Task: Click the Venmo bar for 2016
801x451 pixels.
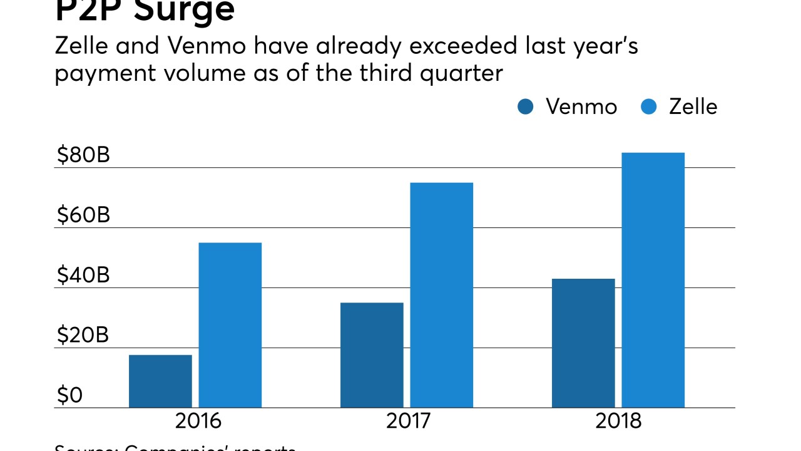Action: (x=160, y=381)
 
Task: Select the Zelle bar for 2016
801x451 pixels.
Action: (x=230, y=324)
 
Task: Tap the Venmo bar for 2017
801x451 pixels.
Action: (x=372, y=355)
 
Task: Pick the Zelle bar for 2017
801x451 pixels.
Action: (x=442, y=294)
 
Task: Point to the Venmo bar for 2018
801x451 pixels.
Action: (x=583, y=343)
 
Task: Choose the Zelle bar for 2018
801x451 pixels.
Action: (x=653, y=279)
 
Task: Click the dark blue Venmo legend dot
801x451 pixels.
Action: (x=526, y=107)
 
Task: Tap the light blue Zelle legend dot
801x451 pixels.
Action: (x=649, y=107)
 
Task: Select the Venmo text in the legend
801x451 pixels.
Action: (x=581, y=106)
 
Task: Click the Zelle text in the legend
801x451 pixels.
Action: (x=693, y=106)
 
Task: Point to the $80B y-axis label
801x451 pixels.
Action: (x=83, y=155)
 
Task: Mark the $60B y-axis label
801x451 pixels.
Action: (x=83, y=215)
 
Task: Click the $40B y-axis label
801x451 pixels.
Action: (x=83, y=275)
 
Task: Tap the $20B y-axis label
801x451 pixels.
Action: (x=83, y=335)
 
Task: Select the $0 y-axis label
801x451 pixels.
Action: (x=69, y=395)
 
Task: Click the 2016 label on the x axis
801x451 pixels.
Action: (x=198, y=420)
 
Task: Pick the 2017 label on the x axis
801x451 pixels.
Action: (x=409, y=420)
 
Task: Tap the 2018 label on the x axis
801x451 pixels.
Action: (x=619, y=420)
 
